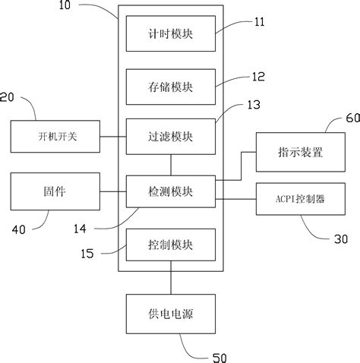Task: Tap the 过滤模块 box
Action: pos(171,137)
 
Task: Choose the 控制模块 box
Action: pos(171,245)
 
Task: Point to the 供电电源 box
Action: pos(171,312)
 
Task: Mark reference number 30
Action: pos(341,239)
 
